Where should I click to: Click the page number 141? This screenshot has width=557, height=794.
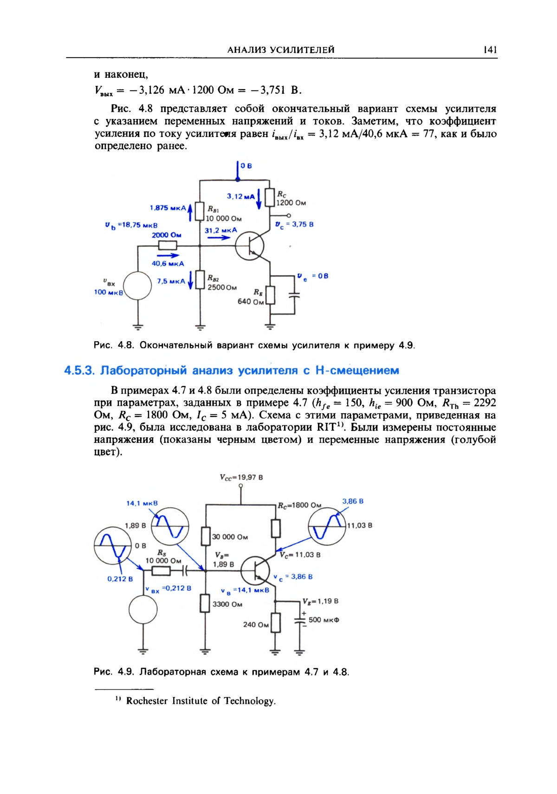pos(490,50)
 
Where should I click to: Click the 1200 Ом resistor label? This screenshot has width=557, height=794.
pos(291,203)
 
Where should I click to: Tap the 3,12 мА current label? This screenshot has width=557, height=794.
pos(240,196)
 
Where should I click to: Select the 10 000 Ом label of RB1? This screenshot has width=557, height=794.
pos(224,218)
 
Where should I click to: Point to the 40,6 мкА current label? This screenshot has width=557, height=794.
pos(168,263)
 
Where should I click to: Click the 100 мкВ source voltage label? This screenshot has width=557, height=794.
pos(108,292)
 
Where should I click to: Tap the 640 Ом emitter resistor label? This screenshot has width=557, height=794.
pos(251,301)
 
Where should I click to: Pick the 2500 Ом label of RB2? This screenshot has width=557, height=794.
pos(222,287)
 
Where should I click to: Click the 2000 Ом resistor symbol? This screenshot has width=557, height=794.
pos(168,245)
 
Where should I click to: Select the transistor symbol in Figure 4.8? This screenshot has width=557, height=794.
pos(250,246)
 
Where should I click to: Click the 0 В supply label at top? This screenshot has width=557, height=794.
pos(246,166)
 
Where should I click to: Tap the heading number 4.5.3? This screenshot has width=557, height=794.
pos(79,371)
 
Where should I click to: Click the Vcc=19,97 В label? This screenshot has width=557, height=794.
pos(241,477)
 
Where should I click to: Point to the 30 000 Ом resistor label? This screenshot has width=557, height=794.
pos(230,537)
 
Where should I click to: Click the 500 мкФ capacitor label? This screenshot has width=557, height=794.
pos(324,620)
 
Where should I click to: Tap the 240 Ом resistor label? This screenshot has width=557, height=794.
pos(256,625)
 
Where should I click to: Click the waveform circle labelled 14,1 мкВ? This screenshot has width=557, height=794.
pos(170,526)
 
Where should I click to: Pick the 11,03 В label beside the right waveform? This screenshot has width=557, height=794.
pos(360,525)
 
